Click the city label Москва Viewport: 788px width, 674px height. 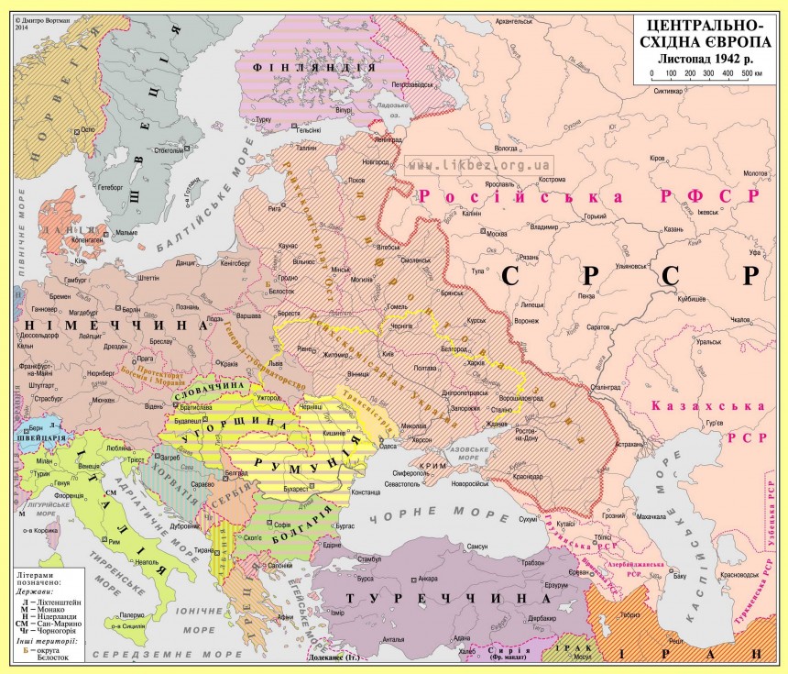tap(497, 232)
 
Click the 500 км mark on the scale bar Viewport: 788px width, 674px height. tap(750, 72)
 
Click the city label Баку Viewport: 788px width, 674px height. tap(679, 577)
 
